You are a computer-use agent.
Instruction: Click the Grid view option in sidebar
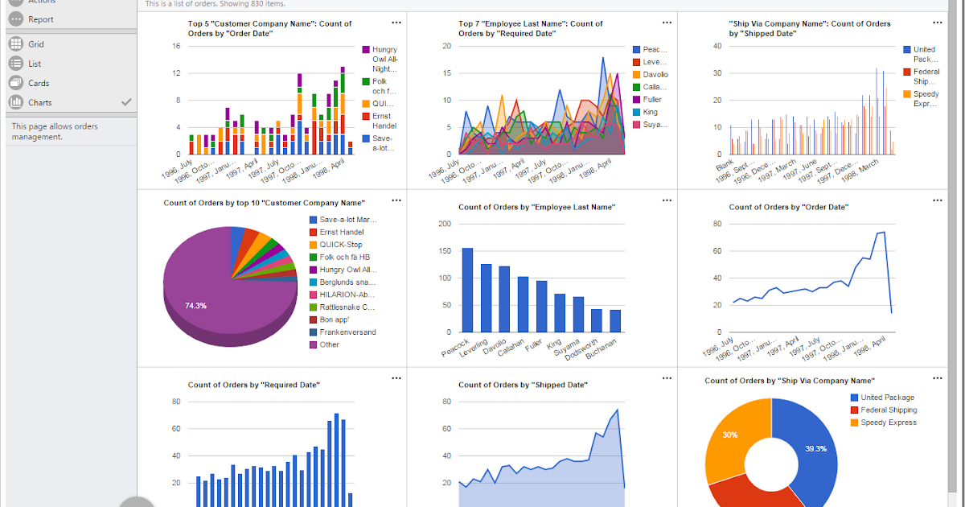pos(35,44)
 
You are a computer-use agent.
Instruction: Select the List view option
pos(34,64)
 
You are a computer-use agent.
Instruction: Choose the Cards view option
pos(38,83)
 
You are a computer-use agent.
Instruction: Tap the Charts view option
pos(39,102)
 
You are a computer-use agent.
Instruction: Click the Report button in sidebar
pos(40,19)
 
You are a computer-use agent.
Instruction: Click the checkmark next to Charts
pos(125,102)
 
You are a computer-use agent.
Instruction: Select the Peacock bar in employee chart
pos(467,290)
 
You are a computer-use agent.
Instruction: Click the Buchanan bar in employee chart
pos(616,320)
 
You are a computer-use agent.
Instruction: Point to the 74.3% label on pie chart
pos(195,306)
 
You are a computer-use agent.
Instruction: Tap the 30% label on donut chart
pos(729,435)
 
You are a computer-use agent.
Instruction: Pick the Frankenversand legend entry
pos(347,332)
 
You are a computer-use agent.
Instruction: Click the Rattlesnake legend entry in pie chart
pos(347,307)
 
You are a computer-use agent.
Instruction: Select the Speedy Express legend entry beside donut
pos(888,422)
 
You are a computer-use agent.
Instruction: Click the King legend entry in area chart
pos(650,112)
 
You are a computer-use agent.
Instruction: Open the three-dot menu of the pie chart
pos(396,200)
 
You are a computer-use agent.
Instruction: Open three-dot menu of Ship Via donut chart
pos(937,377)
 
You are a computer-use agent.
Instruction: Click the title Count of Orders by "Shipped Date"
pos(523,385)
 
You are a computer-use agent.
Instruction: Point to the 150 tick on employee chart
pos(445,250)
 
